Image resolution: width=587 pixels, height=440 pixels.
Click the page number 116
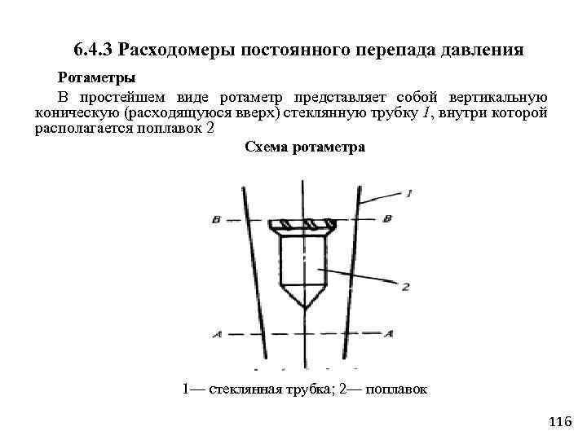tap(562, 421)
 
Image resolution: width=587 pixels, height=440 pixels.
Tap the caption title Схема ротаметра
tap(304, 147)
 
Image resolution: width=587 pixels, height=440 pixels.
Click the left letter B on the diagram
tap(216, 219)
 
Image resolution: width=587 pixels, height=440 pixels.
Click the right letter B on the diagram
tap(387, 218)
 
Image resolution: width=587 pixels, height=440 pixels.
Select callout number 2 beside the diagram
tap(405, 286)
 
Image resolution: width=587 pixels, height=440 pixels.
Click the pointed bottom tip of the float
tap(303, 306)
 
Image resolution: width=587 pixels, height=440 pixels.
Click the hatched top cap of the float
tap(305, 226)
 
